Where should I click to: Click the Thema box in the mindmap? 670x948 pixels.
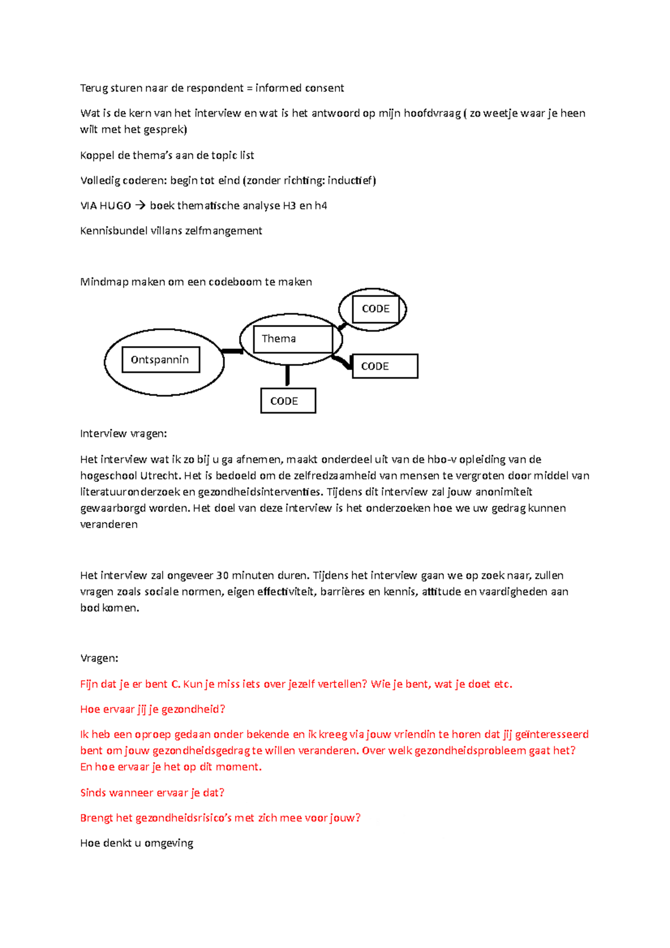pos(293,339)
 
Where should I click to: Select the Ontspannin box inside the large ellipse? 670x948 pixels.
pos(161,360)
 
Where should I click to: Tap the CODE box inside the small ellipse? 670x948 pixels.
pos(376,309)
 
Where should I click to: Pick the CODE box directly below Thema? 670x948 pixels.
pos(288,401)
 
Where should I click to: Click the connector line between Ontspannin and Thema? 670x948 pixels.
pos(232,351)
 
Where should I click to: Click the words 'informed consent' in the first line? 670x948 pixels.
pos(299,88)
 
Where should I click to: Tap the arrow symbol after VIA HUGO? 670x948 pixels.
pos(140,206)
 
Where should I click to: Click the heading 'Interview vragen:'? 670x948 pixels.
pos(123,434)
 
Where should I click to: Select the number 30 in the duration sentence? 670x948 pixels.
pos(222,576)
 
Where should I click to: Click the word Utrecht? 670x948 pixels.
pos(160,476)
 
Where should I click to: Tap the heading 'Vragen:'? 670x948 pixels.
pos(99,658)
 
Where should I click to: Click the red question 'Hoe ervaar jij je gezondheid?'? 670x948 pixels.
pos(152,710)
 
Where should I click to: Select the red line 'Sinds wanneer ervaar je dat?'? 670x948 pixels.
pos(152,793)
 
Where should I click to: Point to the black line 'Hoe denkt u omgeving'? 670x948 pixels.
pos(137,843)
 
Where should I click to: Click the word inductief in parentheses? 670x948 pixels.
pos(350,181)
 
